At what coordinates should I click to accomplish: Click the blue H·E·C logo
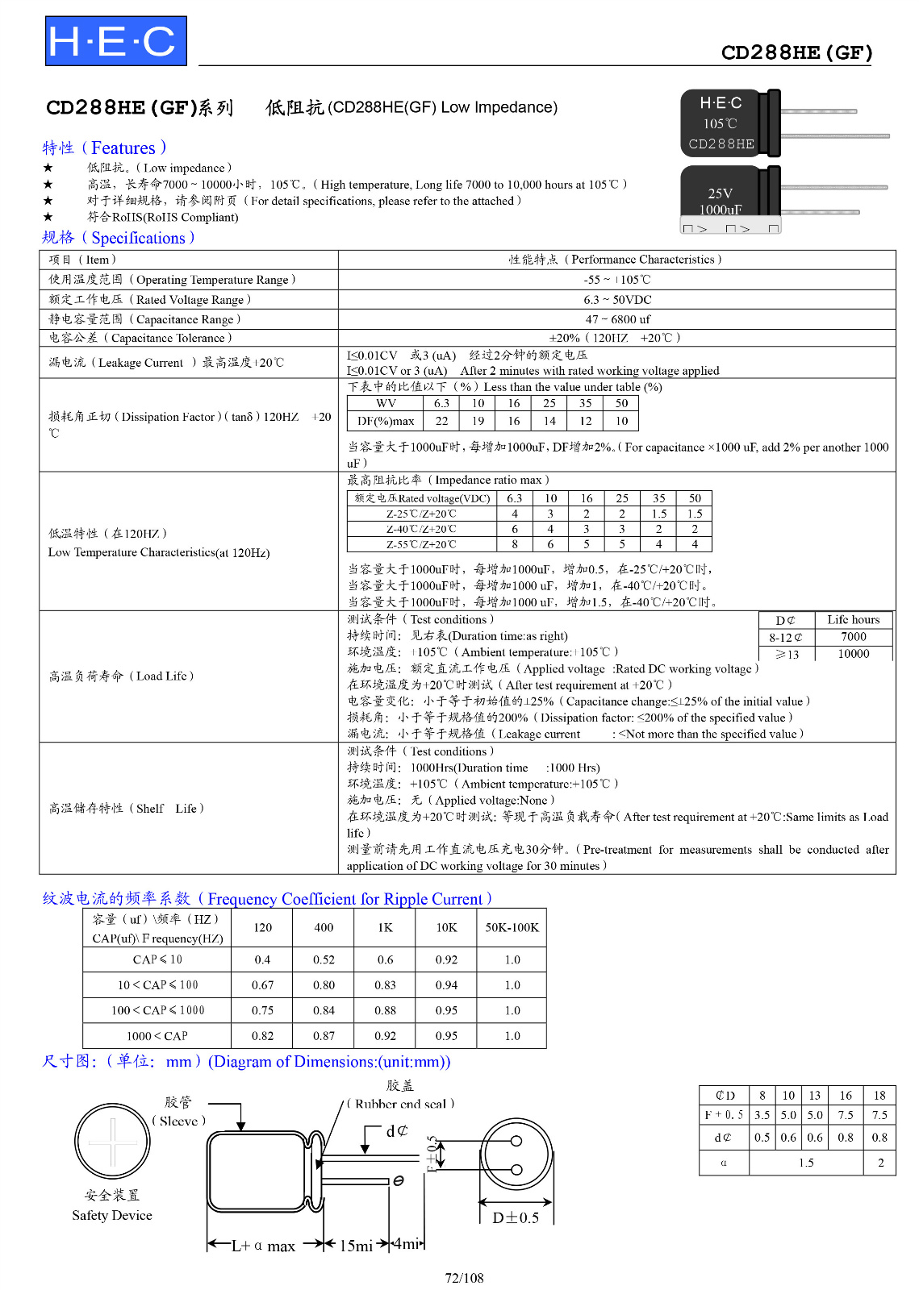pos(115,41)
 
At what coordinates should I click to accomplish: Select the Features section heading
pos(104,148)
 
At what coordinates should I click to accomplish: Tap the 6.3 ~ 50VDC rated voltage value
pos(617,300)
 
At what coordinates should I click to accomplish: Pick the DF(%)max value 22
pos(441,421)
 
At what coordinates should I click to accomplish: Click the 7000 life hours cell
pos(853,637)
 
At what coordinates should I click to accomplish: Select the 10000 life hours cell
pos(853,654)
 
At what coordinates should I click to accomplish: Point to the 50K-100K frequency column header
pos(512,928)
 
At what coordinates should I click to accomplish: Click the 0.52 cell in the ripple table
pos(324,960)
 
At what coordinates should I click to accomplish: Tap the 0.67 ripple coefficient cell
pos(262,985)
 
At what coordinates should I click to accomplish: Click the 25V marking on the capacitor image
pos(720,193)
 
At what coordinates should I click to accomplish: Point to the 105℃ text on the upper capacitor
pos(720,124)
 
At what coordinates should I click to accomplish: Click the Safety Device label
pos(111,1216)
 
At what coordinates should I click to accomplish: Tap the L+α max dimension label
pos(263,1246)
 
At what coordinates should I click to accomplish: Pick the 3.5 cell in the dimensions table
pos(762,1116)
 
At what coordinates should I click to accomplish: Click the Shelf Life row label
pos(126,809)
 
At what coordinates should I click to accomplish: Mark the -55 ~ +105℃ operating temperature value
pos(617,280)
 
